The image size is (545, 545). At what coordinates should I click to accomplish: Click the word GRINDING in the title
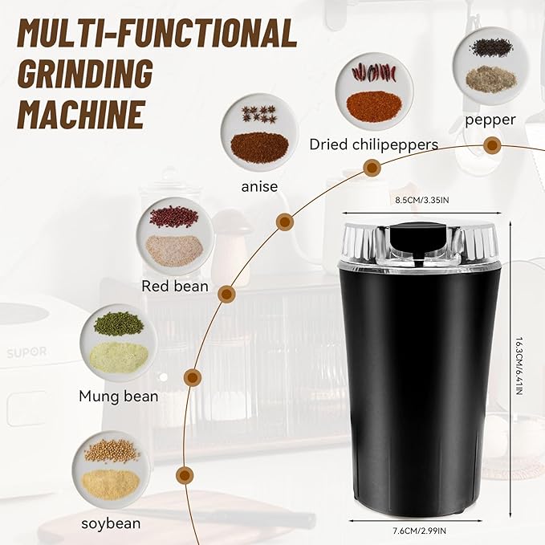85,74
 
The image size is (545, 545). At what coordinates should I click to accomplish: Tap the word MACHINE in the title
80,113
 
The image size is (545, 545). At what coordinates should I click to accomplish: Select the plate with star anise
258,132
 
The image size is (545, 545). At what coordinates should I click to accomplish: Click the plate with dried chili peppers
374,92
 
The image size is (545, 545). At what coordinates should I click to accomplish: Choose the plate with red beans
175,237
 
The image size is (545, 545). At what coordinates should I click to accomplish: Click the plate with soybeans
111,470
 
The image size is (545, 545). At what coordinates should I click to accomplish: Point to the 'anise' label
259,186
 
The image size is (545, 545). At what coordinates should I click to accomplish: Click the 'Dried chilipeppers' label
374,144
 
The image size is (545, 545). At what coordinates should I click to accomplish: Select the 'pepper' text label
490,120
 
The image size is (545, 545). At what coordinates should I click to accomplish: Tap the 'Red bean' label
175,286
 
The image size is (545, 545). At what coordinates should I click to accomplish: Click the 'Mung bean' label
119,396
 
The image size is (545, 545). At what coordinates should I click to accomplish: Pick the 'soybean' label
111,523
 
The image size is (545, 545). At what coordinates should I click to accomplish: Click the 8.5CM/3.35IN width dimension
421,199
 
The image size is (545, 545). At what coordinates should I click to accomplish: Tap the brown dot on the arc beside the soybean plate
185,474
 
